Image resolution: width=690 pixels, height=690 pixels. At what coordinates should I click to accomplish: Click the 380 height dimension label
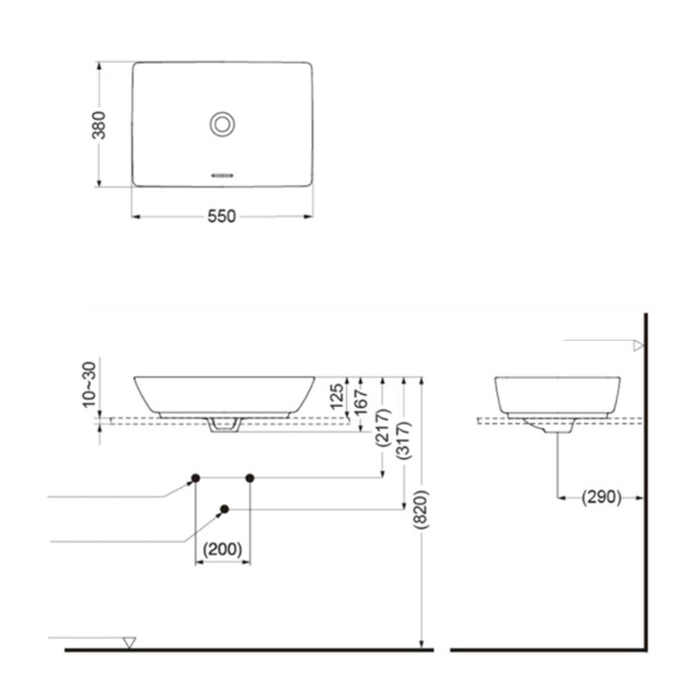tap(99, 125)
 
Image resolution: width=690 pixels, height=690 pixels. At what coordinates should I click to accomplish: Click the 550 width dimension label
tap(221, 217)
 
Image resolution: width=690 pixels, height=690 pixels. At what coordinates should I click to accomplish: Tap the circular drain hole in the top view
tap(222, 124)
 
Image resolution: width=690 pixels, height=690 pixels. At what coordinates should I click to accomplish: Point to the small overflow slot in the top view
tap(222, 175)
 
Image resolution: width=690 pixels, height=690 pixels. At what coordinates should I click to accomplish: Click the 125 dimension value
tap(337, 397)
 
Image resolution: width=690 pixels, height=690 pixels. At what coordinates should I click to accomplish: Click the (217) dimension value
tap(384, 428)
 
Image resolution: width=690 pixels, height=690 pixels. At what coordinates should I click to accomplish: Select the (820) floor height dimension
tap(422, 509)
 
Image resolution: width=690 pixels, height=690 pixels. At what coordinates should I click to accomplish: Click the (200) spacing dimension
tap(222, 550)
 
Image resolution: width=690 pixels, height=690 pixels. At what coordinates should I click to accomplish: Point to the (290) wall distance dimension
tap(601, 497)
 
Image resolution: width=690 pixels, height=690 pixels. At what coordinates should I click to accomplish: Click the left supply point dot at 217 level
tap(195, 477)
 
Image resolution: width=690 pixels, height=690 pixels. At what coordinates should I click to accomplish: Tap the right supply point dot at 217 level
tap(250, 477)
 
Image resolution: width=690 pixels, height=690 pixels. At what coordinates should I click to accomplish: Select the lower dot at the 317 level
tap(224, 509)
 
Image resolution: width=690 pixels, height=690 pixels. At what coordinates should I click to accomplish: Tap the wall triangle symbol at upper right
tap(638, 346)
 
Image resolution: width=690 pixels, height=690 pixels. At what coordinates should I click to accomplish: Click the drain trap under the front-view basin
tap(224, 425)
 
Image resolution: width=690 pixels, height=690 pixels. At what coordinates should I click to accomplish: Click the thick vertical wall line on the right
tap(645, 483)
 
